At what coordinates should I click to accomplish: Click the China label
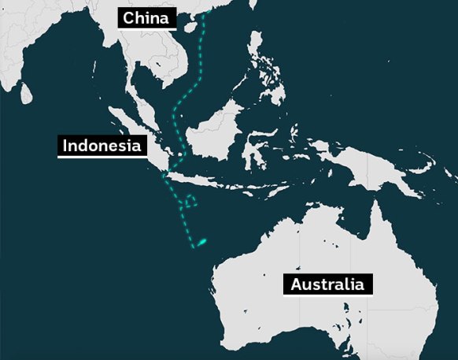click(146, 18)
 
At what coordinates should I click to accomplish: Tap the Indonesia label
click(102, 146)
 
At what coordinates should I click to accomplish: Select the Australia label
click(327, 284)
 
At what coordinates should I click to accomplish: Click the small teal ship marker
click(201, 242)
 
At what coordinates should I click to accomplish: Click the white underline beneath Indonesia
click(102, 157)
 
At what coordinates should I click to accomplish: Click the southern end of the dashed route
click(192, 249)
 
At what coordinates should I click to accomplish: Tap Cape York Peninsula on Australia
click(376, 217)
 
